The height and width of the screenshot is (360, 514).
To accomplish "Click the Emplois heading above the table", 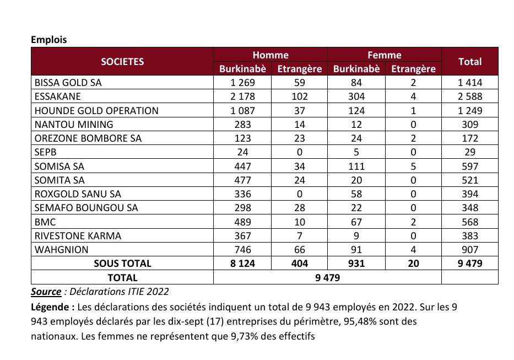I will click(49, 40).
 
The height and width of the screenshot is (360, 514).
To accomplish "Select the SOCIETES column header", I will click(122, 62).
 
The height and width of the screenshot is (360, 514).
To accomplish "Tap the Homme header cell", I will click(270, 55).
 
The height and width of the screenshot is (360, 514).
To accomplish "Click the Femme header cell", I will click(385, 55).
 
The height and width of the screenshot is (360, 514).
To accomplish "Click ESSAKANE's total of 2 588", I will click(470, 96).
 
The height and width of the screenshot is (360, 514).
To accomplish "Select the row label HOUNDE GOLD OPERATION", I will click(96, 110).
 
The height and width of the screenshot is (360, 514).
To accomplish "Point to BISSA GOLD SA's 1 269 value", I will click(243, 83).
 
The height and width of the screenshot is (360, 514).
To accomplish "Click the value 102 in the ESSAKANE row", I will click(300, 96).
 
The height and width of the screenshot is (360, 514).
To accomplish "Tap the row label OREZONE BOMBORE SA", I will click(88, 138).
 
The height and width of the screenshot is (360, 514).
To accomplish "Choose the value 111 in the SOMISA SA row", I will click(356, 166).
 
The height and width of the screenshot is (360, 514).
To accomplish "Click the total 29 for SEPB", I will click(470, 152).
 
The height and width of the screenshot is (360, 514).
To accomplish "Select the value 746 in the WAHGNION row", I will click(243, 249).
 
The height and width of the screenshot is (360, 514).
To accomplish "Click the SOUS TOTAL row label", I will click(122, 264).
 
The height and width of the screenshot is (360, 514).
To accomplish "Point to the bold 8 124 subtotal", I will click(243, 264).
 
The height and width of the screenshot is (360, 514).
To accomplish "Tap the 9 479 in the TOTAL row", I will click(327, 278).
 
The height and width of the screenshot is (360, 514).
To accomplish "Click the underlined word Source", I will click(46, 291).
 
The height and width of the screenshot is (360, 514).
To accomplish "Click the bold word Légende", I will click(51, 307).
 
